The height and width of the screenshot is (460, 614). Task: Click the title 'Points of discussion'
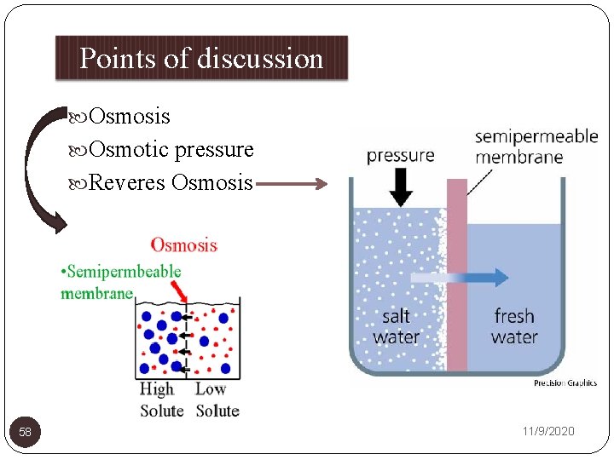[201, 58]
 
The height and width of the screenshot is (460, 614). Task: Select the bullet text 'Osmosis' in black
[129, 117]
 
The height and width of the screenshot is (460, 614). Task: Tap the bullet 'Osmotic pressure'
[171, 150]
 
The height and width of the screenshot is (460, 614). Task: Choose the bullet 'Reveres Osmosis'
[170, 182]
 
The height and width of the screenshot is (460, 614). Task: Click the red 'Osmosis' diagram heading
[183, 245]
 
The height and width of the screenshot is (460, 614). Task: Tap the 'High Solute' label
[161, 400]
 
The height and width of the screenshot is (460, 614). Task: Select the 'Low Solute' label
[217, 400]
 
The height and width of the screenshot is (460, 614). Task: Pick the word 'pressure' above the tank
[400, 155]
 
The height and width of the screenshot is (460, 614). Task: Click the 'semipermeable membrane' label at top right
[536, 147]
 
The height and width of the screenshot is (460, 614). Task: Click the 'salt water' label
[396, 326]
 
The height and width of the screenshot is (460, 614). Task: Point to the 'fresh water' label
[513, 326]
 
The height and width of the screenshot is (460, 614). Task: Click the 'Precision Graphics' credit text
[565, 383]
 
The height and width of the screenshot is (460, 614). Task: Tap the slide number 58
[26, 433]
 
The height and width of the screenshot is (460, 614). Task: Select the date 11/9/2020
[548, 432]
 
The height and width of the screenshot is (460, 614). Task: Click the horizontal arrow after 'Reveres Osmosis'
[291, 182]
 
